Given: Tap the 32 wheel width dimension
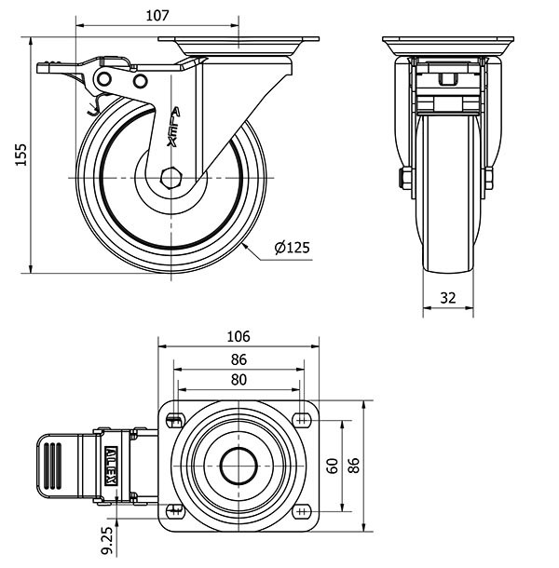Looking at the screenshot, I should (x=448, y=298).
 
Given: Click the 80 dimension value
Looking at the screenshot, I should (x=239, y=379).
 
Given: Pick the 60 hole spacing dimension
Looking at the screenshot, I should (x=333, y=465).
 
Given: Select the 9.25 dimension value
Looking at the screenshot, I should (x=107, y=536).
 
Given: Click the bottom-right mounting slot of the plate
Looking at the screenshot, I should (x=302, y=511).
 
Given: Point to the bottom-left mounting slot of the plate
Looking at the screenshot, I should (x=175, y=509).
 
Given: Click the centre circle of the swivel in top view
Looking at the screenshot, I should (x=239, y=463).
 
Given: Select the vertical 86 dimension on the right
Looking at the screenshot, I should (x=353, y=465).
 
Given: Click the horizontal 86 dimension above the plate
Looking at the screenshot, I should (x=239, y=358).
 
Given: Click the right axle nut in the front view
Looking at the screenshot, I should (x=488, y=180).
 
